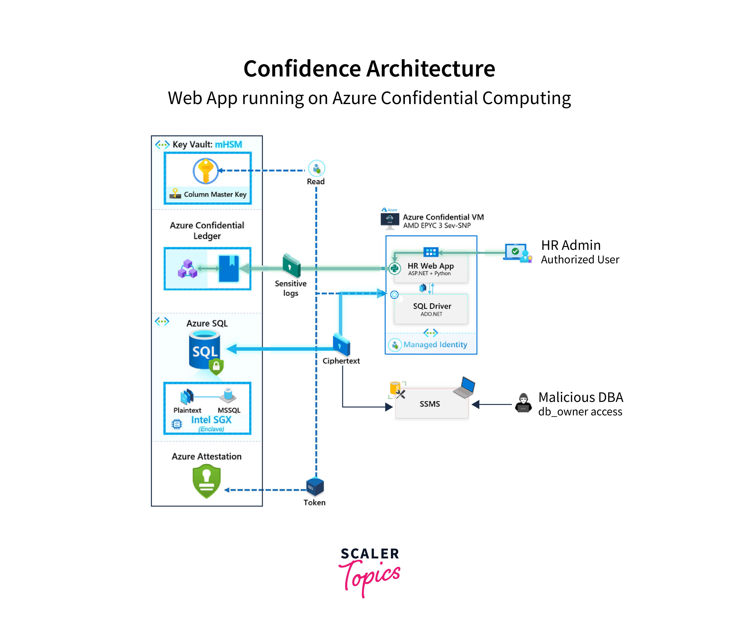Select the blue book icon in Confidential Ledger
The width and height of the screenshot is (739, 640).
click(229, 268)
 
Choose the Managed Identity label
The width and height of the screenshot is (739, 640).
click(435, 345)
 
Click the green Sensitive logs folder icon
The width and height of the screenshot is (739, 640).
click(291, 265)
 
